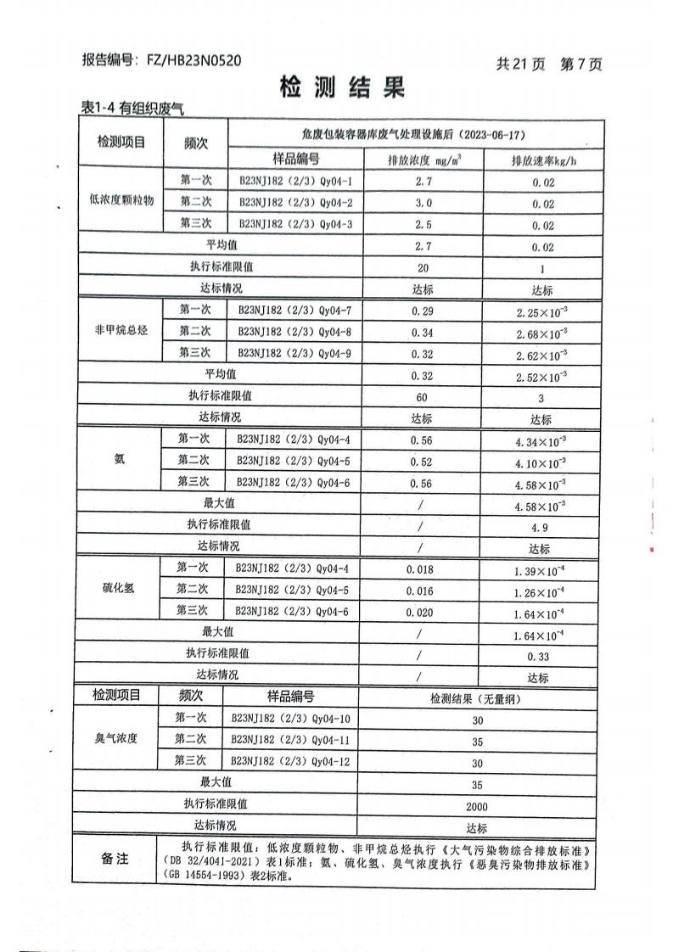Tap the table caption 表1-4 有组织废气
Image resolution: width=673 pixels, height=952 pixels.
[132, 108]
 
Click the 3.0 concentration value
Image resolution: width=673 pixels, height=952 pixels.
[423, 203]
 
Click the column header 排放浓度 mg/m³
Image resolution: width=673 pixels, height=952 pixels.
[423, 160]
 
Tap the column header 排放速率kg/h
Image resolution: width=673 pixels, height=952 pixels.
[543, 160]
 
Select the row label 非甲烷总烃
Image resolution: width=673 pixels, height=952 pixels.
[121, 331]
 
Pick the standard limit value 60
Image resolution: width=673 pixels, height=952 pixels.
[422, 396]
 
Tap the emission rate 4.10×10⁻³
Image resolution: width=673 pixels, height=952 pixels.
[541, 462]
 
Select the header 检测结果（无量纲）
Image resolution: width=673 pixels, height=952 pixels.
[475, 698]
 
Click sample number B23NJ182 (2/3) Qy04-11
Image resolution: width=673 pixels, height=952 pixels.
[291, 740]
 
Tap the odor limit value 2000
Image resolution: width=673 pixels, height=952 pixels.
[476, 807]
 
